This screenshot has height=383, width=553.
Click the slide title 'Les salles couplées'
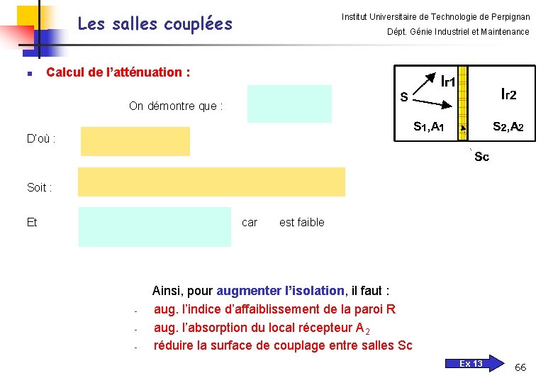point(155,24)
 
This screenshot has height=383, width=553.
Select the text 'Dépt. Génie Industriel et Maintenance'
point(458,32)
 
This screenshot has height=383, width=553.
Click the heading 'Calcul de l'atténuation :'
point(118,72)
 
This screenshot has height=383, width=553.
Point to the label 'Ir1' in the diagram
point(447,81)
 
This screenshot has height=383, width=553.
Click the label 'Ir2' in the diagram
point(508,94)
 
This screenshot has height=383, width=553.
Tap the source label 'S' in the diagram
point(403,97)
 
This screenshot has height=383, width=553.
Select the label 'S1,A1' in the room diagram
point(428,127)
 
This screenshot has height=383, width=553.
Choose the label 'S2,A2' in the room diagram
point(508,127)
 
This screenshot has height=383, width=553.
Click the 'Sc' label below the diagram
point(481,157)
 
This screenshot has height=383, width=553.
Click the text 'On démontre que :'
point(176,106)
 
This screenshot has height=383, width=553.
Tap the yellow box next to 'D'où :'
point(135,141)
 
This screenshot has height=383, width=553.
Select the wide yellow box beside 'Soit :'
point(211,182)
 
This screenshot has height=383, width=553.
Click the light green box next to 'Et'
point(155,226)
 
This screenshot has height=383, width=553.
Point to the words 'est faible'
point(302,223)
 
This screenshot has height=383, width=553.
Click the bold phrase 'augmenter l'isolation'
point(280,291)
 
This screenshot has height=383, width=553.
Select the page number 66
point(520,367)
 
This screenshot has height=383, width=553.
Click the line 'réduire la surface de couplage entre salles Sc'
point(283,345)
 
